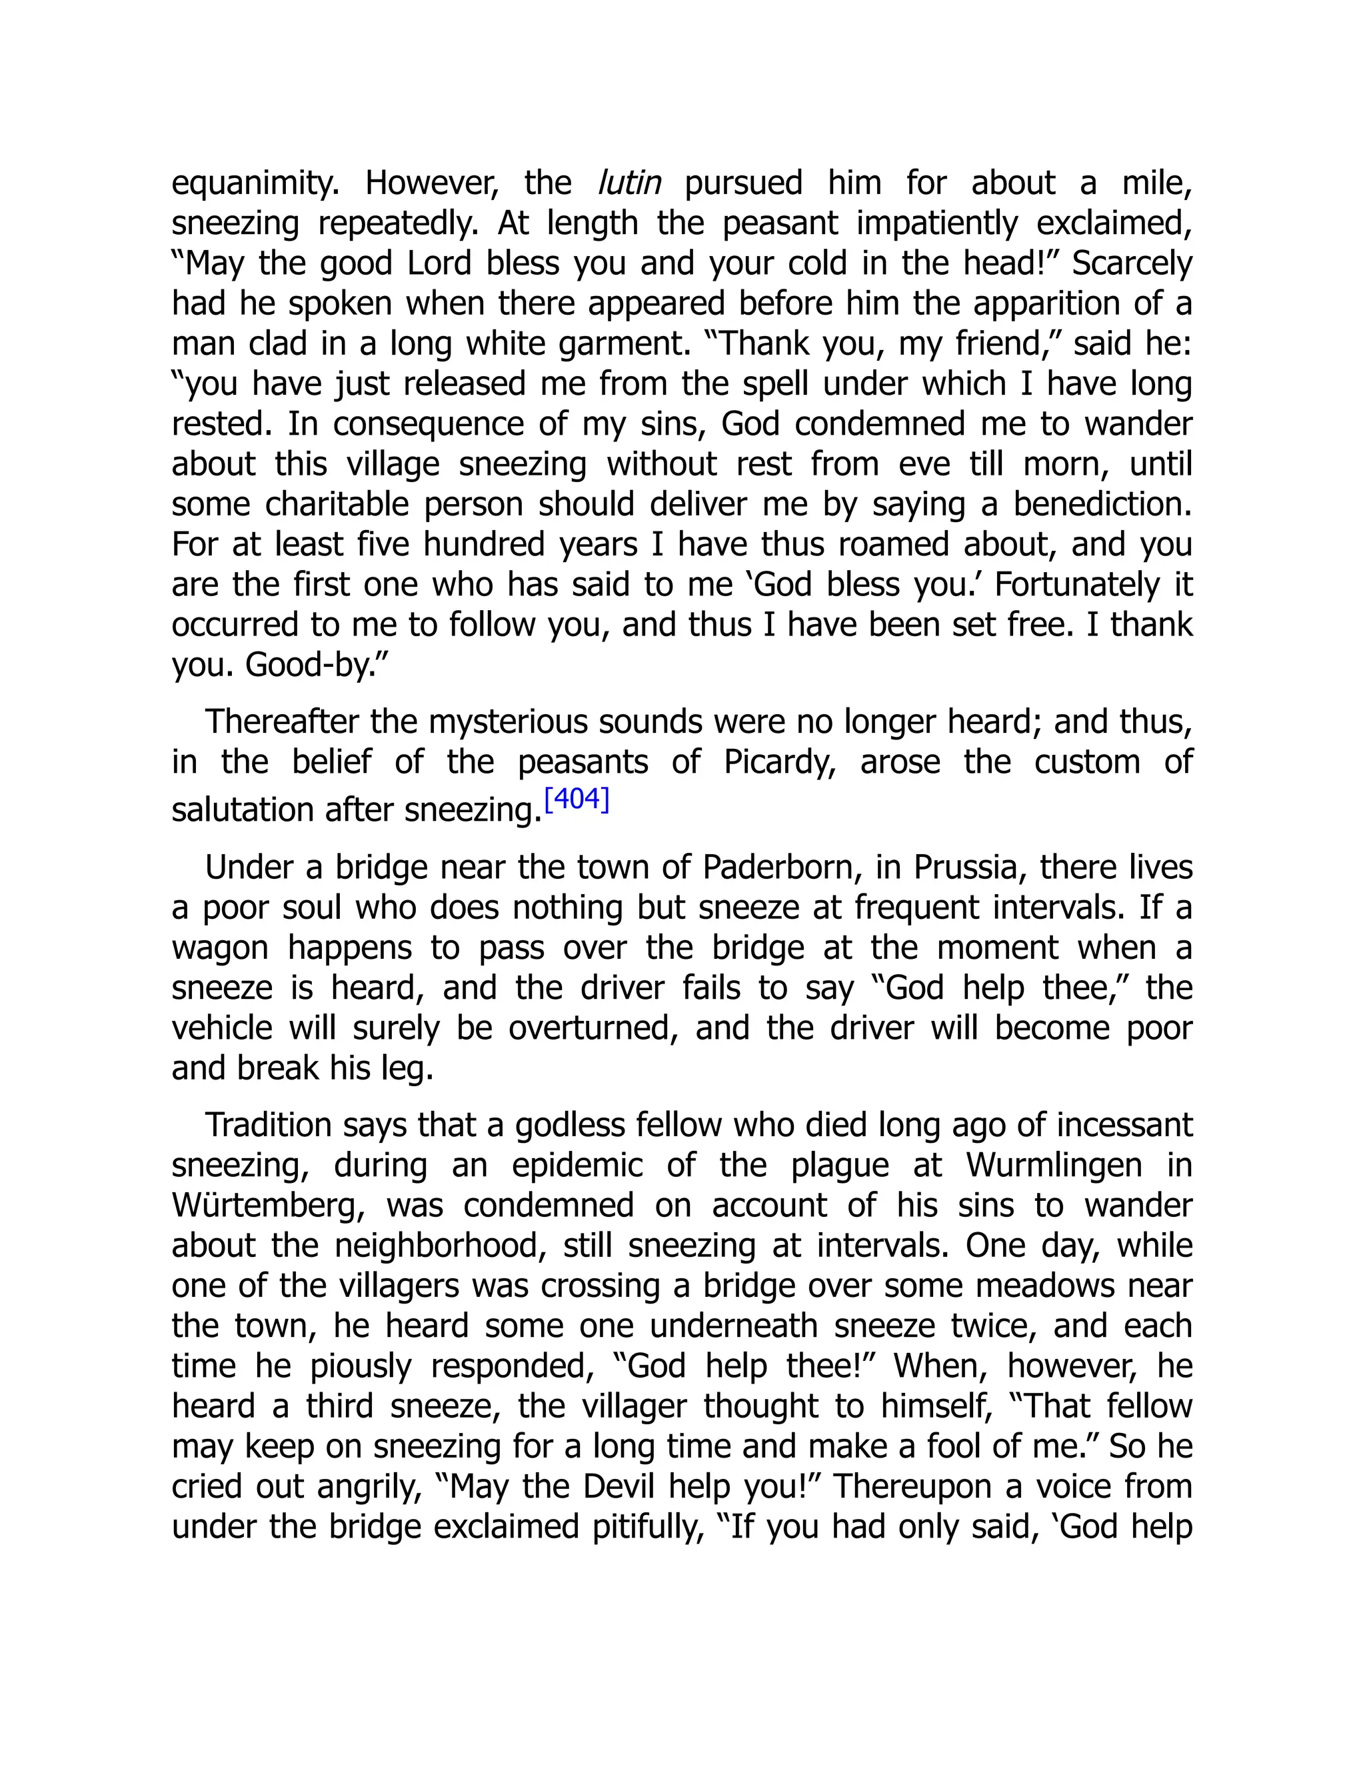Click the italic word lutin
click(629, 183)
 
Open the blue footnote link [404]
click(577, 799)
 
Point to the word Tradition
click(269, 1126)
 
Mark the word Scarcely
click(1132, 264)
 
